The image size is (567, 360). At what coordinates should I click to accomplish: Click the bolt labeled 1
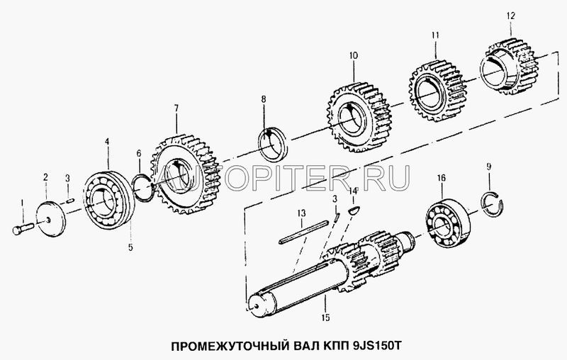pos(23,229)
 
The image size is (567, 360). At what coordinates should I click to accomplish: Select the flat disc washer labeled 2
pos(51,219)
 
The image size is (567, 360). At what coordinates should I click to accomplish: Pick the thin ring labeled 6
pos(143,186)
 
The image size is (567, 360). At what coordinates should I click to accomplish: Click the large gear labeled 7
pos(185,174)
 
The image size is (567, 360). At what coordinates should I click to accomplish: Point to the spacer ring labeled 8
pos(274,145)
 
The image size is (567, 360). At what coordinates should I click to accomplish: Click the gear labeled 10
pos(360,118)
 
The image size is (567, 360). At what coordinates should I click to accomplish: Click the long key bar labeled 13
pos(304,231)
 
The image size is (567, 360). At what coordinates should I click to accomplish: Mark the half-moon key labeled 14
pos(353,209)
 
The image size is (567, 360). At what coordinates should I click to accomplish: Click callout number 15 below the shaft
pos(325,317)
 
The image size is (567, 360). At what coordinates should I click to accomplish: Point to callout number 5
pos(130,247)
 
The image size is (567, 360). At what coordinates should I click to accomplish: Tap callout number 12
pos(510,16)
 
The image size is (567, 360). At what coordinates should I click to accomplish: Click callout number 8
pos(264,99)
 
